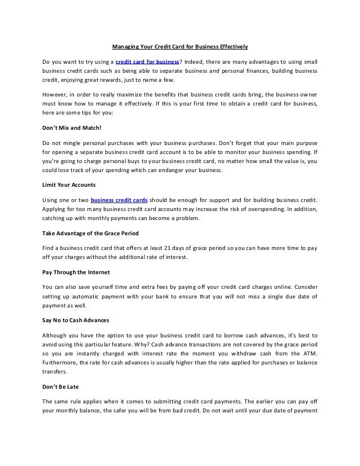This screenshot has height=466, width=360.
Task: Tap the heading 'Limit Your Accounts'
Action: (65, 185)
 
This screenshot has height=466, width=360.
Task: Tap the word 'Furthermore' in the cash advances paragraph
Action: (60, 363)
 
